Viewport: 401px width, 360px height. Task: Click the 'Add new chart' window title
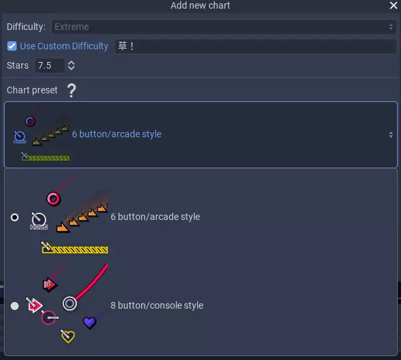tap(200, 5)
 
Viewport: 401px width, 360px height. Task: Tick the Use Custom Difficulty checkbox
tap(12, 46)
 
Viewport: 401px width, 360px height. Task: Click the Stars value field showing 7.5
tap(50, 65)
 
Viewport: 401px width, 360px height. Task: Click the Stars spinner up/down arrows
tap(71, 65)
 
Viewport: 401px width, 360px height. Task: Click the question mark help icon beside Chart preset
tap(71, 90)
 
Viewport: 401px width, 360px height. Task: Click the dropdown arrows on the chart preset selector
tap(391, 134)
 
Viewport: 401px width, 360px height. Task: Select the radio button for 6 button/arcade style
tap(15, 217)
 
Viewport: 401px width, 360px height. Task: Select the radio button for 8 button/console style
tap(15, 306)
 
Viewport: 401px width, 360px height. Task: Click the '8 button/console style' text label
tap(157, 305)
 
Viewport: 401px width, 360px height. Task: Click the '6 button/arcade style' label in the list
tap(155, 217)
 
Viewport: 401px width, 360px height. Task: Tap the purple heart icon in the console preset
tap(89, 323)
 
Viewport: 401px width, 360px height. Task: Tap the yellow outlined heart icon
tap(67, 337)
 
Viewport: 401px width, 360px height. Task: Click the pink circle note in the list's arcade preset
tap(54, 198)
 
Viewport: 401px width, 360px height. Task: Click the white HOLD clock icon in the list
tap(39, 220)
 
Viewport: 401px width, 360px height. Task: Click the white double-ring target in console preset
tap(70, 303)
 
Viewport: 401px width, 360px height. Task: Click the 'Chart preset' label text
tap(32, 90)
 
